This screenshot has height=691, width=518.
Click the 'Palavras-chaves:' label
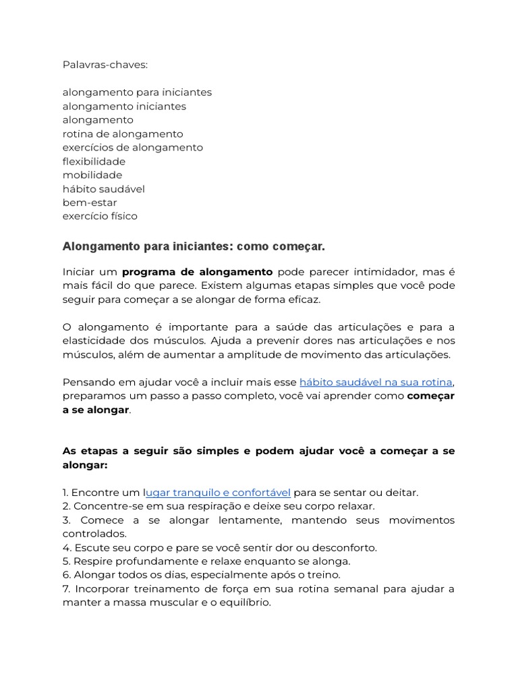pos(105,65)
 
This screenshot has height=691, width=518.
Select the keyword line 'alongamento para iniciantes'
pos(137,92)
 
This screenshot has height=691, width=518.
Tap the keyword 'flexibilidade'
pos(94,161)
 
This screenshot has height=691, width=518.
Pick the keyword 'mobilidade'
pos(92,175)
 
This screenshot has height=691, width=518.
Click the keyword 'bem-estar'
pos(90,202)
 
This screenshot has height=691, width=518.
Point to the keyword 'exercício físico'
pos(100,216)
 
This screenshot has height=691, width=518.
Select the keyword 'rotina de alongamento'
pos(123,134)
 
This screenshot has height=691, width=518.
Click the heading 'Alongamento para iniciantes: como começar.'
pos(194,246)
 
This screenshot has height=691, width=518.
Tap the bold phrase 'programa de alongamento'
pos(197,272)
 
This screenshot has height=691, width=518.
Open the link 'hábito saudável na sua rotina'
pos(376,382)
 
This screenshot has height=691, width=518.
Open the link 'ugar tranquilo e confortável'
pos(219,493)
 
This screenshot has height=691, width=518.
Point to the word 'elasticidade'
pos(94,341)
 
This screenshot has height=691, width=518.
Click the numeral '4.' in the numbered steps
pos(67,547)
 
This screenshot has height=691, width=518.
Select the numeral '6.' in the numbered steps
pos(67,575)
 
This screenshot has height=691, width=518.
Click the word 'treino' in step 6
pos(323,575)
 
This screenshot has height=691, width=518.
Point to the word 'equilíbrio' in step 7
pos(241,603)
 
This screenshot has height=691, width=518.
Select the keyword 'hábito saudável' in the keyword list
pos(104,189)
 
